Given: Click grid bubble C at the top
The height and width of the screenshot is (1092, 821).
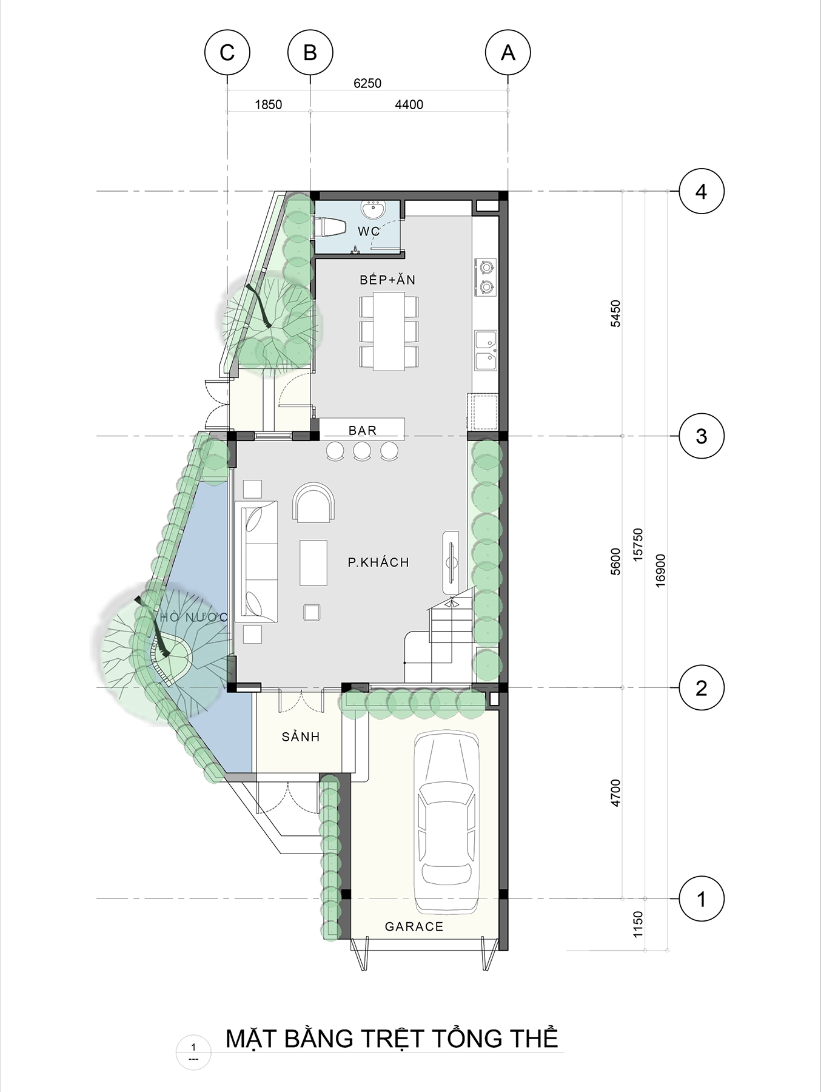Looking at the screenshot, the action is click(x=227, y=52).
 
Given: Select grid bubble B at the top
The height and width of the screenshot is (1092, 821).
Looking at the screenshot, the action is click(x=310, y=52).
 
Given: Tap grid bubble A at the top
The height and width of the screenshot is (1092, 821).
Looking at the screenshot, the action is click(x=508, y=52).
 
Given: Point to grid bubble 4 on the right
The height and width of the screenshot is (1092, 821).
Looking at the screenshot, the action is click(x=702, y=192).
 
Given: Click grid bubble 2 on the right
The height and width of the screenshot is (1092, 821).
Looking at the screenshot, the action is click(x=702, y=687).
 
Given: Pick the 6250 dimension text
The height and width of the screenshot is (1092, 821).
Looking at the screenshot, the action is click(x=367, y=83).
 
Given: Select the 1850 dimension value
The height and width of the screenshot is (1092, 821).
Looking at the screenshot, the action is click(x=268, y=104).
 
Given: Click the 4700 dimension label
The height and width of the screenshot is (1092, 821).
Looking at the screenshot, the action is click(x=615, y=793).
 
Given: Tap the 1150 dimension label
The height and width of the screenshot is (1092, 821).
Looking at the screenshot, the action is click(x=637, y=924).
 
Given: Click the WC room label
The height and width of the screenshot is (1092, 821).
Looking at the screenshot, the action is click(x=369, y=231).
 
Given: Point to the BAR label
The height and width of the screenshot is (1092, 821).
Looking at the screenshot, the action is click(x=363, y=430).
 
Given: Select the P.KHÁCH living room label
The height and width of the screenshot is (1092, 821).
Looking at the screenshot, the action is click(x=378, y=562).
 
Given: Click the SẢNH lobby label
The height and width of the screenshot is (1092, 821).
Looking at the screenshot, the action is click(x=301, y=736).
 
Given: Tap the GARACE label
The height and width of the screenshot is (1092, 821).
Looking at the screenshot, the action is click(x=414, y=926).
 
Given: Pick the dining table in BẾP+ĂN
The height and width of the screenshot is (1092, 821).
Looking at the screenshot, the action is click(x=389, y=331).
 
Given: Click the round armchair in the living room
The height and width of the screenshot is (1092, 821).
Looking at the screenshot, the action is click(x=313, y=502).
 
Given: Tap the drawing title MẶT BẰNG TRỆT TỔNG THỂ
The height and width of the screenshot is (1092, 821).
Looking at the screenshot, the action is click(x=392, y=1039).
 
